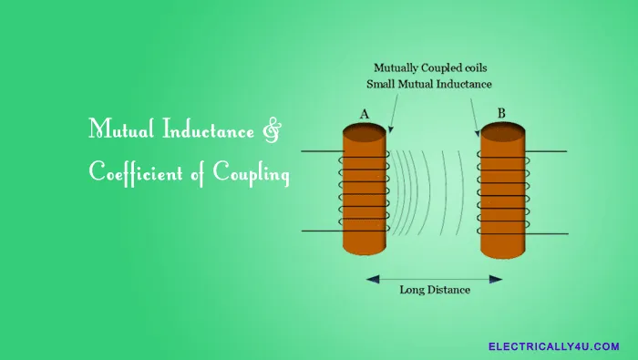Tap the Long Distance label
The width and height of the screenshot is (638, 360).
[434, 291]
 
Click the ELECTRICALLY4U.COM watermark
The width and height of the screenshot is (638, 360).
[553, 346]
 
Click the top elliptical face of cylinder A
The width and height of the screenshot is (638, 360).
[365, 131]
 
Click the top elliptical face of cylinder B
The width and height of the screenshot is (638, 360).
[503, 131]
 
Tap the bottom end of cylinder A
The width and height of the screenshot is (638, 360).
[365, 251]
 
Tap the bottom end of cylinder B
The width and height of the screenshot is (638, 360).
[503, 251]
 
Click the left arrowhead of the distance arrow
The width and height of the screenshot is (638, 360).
[369, 277]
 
